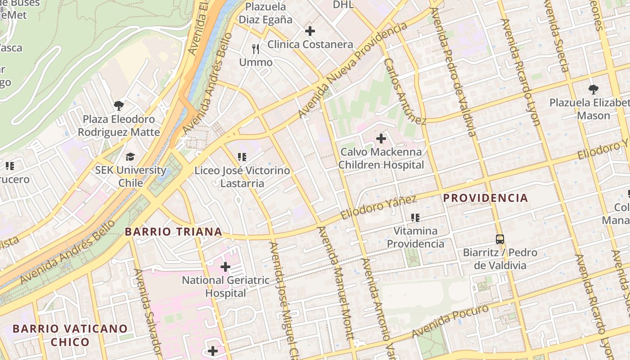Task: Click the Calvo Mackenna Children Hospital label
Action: point(381,158)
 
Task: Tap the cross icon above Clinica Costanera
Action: point(310,31)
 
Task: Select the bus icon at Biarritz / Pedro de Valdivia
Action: point(499,239)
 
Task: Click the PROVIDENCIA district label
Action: point(486,198)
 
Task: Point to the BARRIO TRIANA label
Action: point(173,232)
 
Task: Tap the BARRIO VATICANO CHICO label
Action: point(70,335)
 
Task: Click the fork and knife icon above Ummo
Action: point(256,49)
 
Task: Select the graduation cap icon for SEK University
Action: point(130,157)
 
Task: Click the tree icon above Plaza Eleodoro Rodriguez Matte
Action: point(119,106)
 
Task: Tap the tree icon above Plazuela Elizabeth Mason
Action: point(594,89)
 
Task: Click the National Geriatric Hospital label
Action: point(225,287)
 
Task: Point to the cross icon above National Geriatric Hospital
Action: point(225,267)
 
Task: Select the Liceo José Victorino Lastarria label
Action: point(242,177)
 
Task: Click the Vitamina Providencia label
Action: point(415,237)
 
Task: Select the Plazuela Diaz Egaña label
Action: point(265,13)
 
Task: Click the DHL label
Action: point(343,5)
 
